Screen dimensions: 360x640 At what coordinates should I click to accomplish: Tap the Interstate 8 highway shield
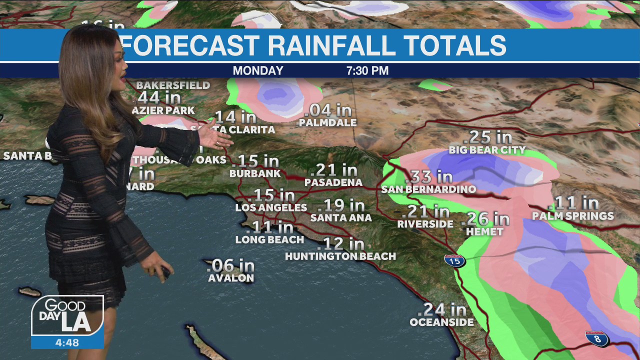pos(597,338)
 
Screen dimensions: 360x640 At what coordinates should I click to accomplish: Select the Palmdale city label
pos(328,122)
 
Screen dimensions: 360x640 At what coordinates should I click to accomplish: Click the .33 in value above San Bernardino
pos(429,176)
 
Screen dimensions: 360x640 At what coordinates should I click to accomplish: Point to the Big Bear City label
pos(487,150)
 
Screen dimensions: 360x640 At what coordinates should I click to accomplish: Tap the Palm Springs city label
pos(572,216)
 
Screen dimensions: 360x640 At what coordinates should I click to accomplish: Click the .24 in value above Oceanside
pos(444,309)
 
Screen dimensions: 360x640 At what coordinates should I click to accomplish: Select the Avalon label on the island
pos(231,278)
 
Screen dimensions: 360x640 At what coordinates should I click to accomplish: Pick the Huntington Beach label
pos(340,256)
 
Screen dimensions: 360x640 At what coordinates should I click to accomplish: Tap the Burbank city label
pos(255,174)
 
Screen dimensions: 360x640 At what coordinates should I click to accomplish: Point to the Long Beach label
pos(269,240)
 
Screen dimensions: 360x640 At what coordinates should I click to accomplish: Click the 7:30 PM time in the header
pos(367,71)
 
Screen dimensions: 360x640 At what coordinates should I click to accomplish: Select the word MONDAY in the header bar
pos(258,71)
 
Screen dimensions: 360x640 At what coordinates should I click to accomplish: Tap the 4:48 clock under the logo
pos(67,343)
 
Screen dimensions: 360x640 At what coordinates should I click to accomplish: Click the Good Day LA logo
pos(67,315)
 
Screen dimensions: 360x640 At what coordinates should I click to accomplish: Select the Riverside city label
pos(425,224)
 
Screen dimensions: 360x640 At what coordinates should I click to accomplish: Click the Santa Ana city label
pos(341,218)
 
